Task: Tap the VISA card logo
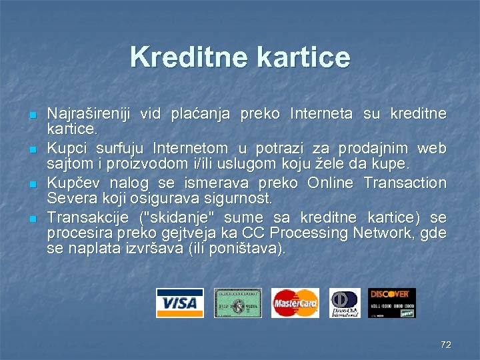tap(179, 303)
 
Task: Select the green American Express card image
tap(237, 303)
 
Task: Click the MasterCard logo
tap(295, 303)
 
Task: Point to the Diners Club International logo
tap(345, 303)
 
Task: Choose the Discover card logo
tap(391, 303)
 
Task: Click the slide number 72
tap(446, 345)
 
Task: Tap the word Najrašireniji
tap(89, 113)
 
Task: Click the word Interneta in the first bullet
tap(321, 113)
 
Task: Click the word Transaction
tap(405, 183)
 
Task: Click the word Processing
tap(317, 233)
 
